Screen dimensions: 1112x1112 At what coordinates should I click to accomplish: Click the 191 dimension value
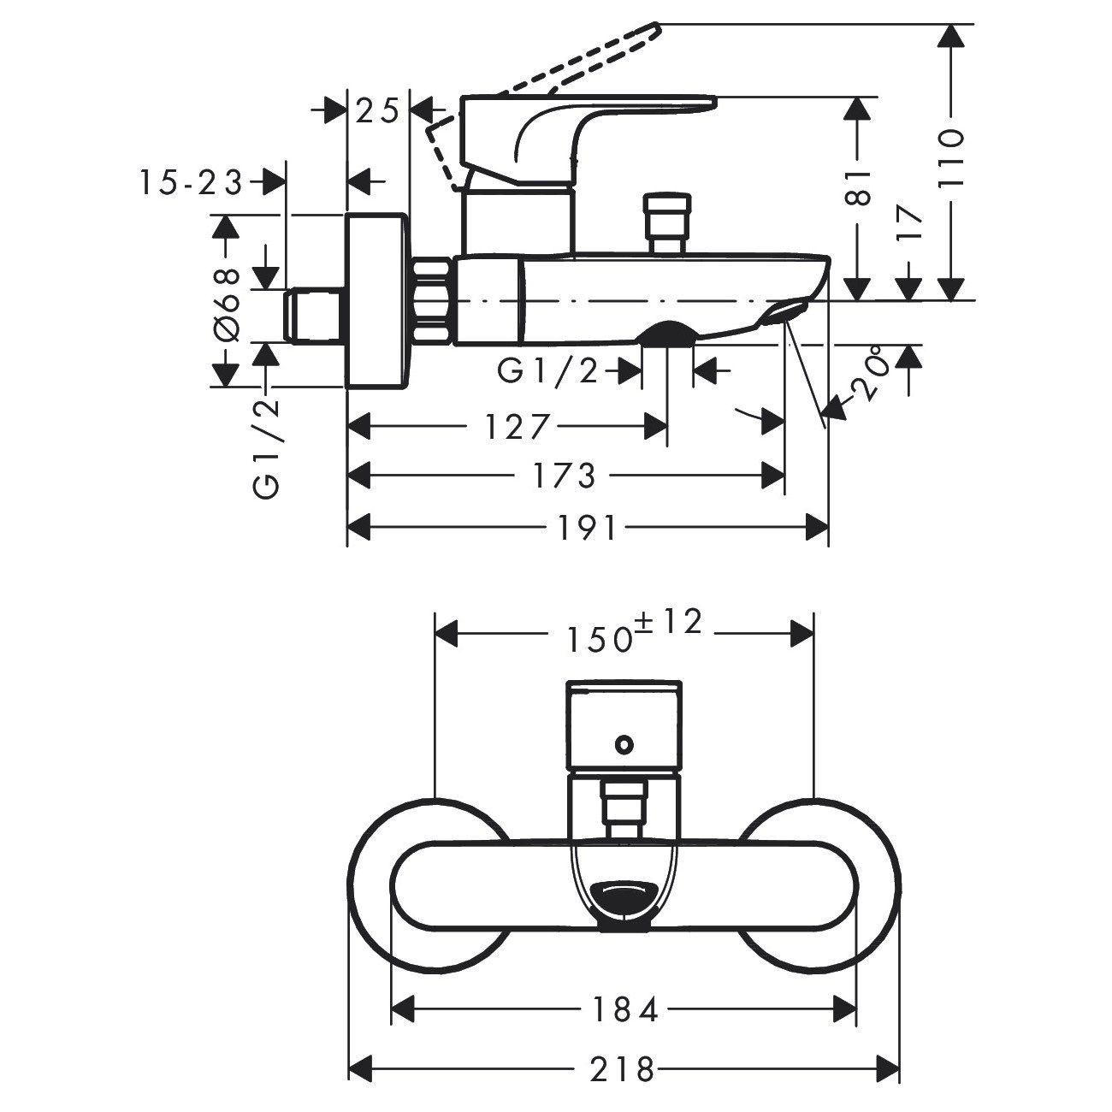coord(590,528)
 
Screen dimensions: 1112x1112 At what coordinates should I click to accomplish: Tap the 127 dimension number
coord(516,425)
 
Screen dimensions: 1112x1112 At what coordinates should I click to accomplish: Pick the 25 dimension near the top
coord(377,111)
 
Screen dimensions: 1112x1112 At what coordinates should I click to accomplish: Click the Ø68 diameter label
coord(226,304)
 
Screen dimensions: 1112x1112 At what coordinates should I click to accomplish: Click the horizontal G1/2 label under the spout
coord(549,372)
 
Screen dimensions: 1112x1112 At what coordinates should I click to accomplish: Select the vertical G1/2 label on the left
coord(268,449)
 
